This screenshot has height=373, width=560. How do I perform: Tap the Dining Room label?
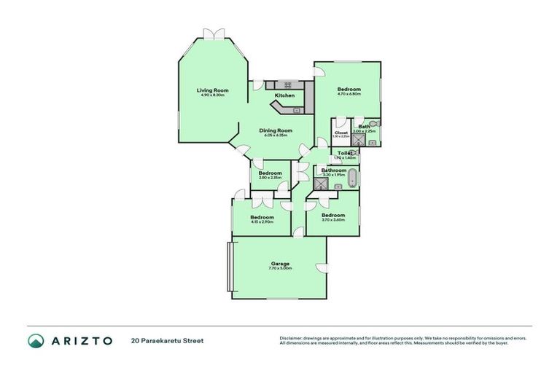[x=274, y=130]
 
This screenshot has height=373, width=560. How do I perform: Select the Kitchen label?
[x=284, y=95]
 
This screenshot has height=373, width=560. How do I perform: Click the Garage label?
[x=280, y=264]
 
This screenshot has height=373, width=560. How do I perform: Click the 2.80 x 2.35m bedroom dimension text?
[x=270, y=178]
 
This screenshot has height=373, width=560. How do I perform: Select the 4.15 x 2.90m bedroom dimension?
[x=262, y=222]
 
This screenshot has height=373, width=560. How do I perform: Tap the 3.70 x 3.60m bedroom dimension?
[x=333, y=220]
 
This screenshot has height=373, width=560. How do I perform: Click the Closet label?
[x=341, y=132]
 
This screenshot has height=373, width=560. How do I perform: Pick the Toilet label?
[x=344, y=153]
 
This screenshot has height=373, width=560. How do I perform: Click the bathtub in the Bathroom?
[x=353, y=178]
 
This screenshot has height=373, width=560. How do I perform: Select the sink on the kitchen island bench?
[x=297, y=111]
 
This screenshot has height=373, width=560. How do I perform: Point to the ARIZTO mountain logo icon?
[x=36, y=340]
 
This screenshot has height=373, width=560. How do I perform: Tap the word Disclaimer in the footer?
[x=292, y=338]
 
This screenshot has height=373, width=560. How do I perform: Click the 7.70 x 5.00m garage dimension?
[x=280, y=269]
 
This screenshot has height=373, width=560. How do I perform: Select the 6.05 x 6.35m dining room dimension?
[x=274, y=136]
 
